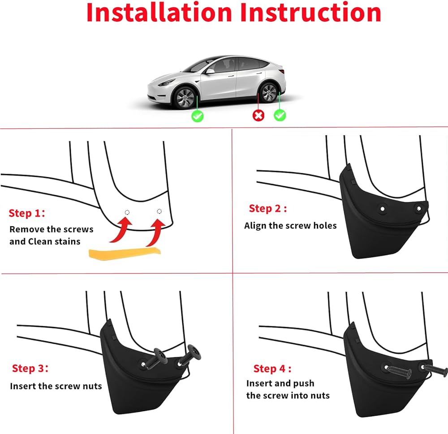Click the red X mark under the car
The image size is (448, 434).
coord(258,115)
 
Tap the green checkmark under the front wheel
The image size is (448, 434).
coord(198,116)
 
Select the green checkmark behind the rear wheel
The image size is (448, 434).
coord(280,115)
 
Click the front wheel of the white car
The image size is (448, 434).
coord(185,97)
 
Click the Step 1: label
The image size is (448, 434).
coord(27,213)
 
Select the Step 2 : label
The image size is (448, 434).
coord(268,208)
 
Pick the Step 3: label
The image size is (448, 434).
coord(30,368)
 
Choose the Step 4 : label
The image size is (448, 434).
coord(272,369)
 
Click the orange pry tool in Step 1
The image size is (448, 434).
coord(125,254)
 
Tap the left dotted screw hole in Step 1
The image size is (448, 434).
coord(127,212)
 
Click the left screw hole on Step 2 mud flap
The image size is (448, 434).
coord(382,209)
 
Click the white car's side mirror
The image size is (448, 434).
coord(210,71)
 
